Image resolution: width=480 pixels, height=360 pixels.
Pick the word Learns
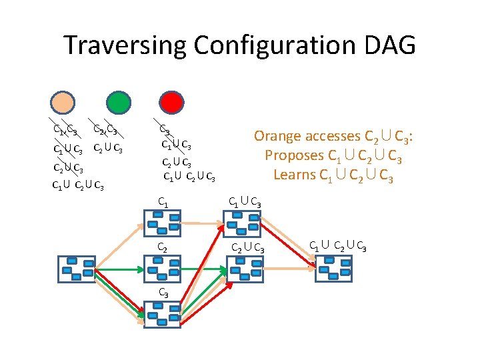(x=295, y=175)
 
